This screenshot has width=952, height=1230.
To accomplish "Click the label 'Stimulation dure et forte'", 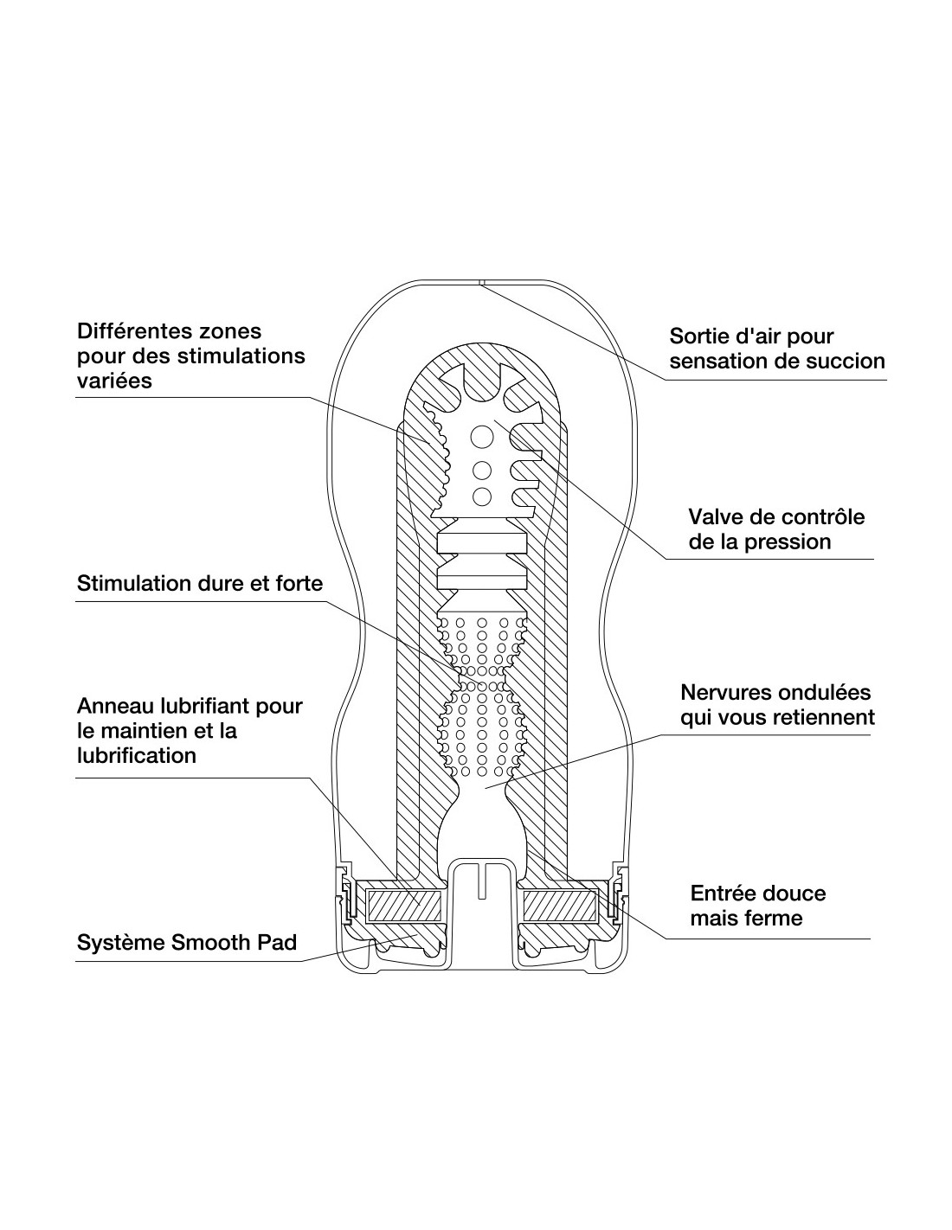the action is (x=199, y=583).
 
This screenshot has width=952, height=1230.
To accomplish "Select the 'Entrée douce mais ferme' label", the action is (x=758, y=905).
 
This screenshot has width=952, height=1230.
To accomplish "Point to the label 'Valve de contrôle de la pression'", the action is (x=776, y=529).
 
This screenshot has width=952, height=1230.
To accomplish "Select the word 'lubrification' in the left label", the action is (x=137, y=756).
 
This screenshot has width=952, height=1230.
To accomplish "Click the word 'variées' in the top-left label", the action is (x=114, y=381).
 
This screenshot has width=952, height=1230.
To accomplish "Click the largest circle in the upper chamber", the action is (x=481, y=437).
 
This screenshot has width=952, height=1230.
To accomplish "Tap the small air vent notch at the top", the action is (x=479, y=282).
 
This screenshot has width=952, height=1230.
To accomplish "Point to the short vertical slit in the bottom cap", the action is (x=481, y=881).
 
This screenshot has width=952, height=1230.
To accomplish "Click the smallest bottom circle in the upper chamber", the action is (x=481, y=497).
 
